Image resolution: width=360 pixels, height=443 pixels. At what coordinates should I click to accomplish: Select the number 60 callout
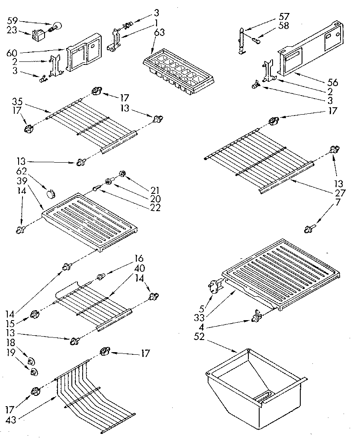pos(12,53)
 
